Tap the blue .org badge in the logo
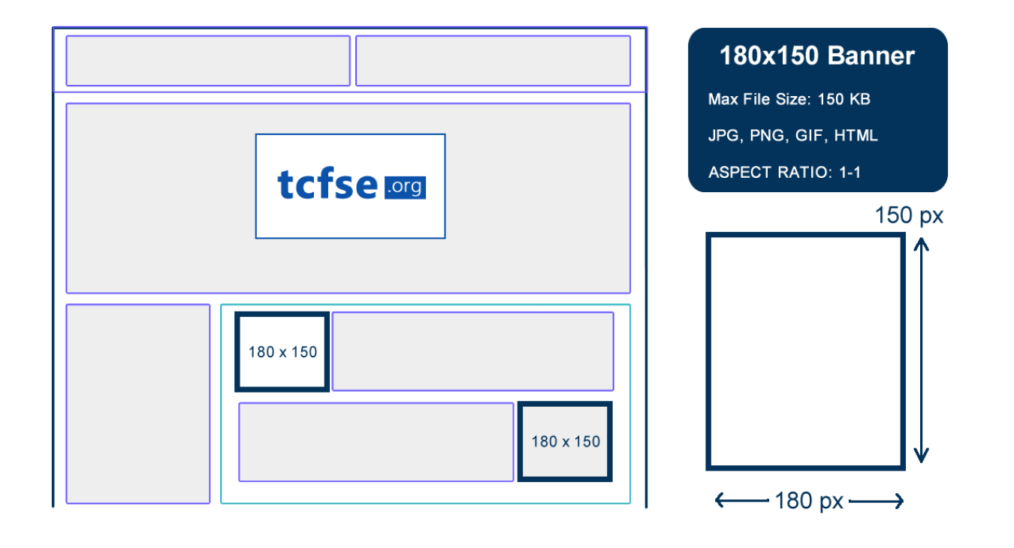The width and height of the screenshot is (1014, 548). tap(405, 188)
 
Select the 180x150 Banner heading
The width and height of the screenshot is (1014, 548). tap(817, 56)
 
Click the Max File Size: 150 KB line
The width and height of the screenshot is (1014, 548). tap(789, 99)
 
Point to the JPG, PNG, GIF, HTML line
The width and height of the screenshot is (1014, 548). tap(792, 136)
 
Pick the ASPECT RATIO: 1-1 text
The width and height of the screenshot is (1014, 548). tap(784, 173)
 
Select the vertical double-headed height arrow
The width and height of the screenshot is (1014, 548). tap(922, 350)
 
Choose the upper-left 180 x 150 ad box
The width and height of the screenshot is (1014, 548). tap(282, 351)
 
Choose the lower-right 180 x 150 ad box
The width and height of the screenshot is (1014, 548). tap(565, 441)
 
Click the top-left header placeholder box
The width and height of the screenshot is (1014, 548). tap(208, 61)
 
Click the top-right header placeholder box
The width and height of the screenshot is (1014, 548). tap(493, 61)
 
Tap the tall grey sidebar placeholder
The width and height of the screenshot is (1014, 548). tap(138, 403)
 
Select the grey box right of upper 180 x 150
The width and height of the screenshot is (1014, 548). tap(472, 351)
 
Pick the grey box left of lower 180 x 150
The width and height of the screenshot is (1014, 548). tap(376, 442)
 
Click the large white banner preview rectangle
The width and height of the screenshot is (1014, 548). tap(805, 351)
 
